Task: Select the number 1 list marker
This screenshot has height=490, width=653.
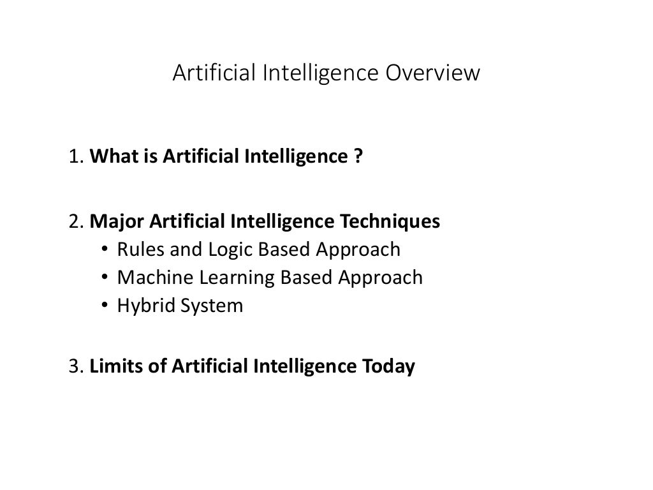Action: pos(74,156)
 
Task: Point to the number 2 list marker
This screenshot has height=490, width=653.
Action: pos(74,222)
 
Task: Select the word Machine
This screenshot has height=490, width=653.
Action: pos(150,278)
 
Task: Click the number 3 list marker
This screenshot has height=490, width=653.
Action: pos(74,367)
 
